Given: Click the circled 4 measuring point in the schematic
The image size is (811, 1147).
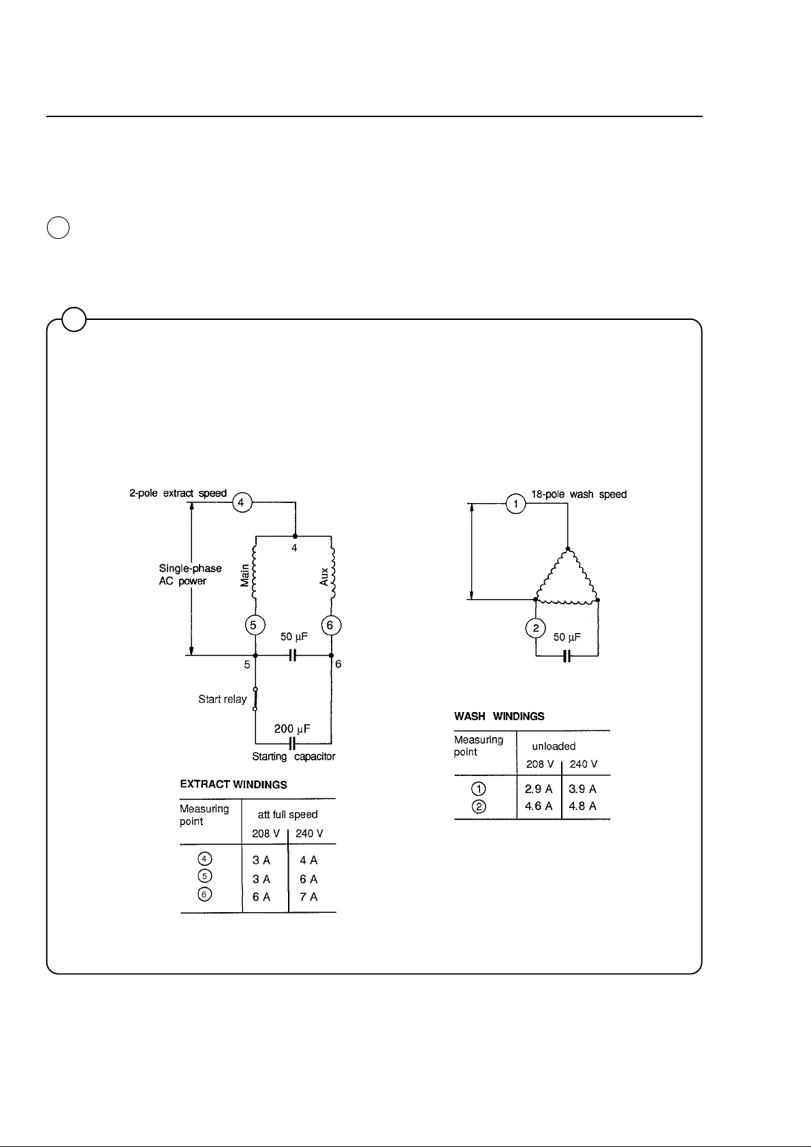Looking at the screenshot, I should [x=241, y=503].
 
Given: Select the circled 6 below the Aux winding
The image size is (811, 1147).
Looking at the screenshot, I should [x=331, y=625].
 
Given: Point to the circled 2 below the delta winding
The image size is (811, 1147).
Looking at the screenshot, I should [x=536, y=628].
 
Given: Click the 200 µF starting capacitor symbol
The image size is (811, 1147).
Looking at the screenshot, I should [x=292, y=741].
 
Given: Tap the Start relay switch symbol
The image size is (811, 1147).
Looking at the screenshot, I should [x=255, y=699].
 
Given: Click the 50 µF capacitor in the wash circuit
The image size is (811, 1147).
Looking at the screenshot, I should [x=567, y=656].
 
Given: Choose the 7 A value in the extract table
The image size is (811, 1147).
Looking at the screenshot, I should [x=308, y=897].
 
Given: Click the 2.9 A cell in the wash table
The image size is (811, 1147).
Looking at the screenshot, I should [x=539, y=789].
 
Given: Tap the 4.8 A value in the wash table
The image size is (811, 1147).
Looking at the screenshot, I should [x=583, y=807].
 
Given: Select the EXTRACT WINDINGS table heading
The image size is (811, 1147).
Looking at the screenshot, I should [x=234, y=785].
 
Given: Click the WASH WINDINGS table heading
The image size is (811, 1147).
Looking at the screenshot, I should [x=499, y=716].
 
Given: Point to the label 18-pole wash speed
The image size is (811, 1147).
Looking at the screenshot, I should [x=579, y=494].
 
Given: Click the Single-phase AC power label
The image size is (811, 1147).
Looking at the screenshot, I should [x=191, y=575].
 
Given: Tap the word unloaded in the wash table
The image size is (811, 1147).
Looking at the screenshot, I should [x=554, y=746].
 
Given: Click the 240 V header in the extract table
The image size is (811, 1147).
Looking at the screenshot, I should [x=310, y=834].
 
